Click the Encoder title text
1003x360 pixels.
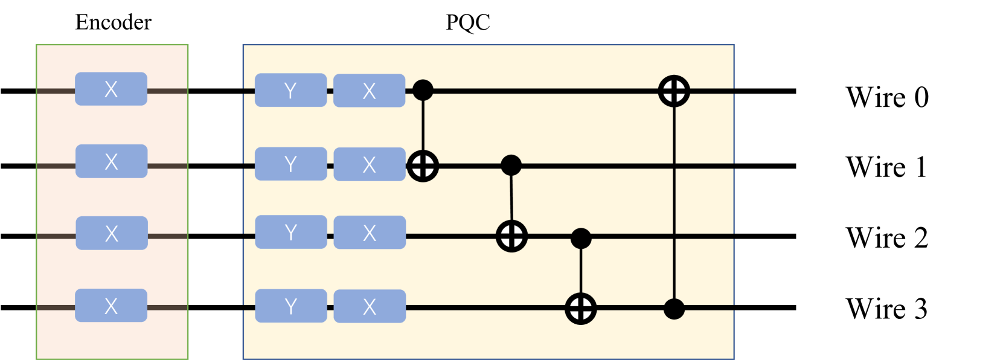point(113,22)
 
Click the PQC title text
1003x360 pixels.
point(467,22)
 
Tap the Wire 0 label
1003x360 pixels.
point(886,97)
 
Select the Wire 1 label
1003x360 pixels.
point(886,167)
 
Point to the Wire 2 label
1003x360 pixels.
point(886,238)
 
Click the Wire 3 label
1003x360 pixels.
point(886,309)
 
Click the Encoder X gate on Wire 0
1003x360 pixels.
point(111,89)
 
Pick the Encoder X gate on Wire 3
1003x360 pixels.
point(111,306)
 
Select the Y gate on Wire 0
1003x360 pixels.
point(290,91)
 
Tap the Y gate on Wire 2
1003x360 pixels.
point(291,233)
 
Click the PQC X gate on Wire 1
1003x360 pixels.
point(370,164)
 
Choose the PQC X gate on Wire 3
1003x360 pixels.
point(370,306)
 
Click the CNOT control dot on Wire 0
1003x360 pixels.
point(423,91)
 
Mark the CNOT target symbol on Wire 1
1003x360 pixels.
point(423,166)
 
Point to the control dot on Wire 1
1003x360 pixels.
point(511,164)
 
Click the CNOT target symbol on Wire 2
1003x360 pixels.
point(511,236)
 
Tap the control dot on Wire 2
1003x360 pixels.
point(581,238)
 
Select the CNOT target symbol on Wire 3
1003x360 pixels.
point(581,309)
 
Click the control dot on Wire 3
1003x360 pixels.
point(674,309)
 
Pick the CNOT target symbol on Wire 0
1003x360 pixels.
point(674,91)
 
